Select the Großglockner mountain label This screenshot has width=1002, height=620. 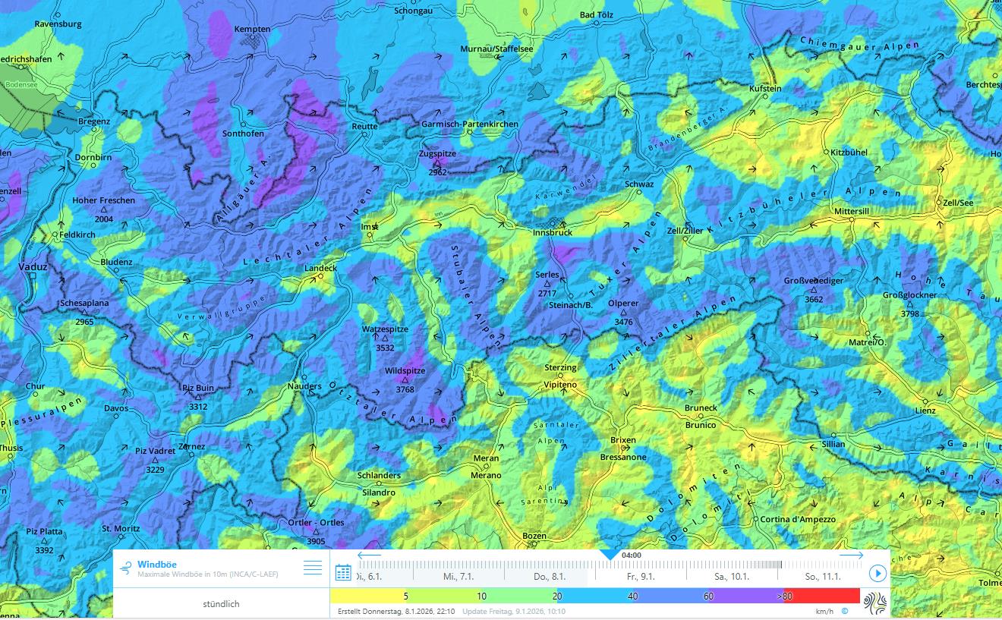(909, 294)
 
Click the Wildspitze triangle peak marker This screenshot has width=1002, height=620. (405, 380)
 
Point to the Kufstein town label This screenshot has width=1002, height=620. (764, 89)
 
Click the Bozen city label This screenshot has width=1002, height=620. (534, 536)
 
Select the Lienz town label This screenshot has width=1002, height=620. (945, 410)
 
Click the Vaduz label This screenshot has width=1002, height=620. (33, 267)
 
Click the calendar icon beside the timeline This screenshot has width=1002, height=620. (343, 572)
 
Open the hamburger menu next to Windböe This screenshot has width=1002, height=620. (313, 568)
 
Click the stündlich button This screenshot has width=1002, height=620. (221, 604)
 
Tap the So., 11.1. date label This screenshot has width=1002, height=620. (822, 577)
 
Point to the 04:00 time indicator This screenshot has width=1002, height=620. (632, 555)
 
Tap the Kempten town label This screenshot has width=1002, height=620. (253, 29)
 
